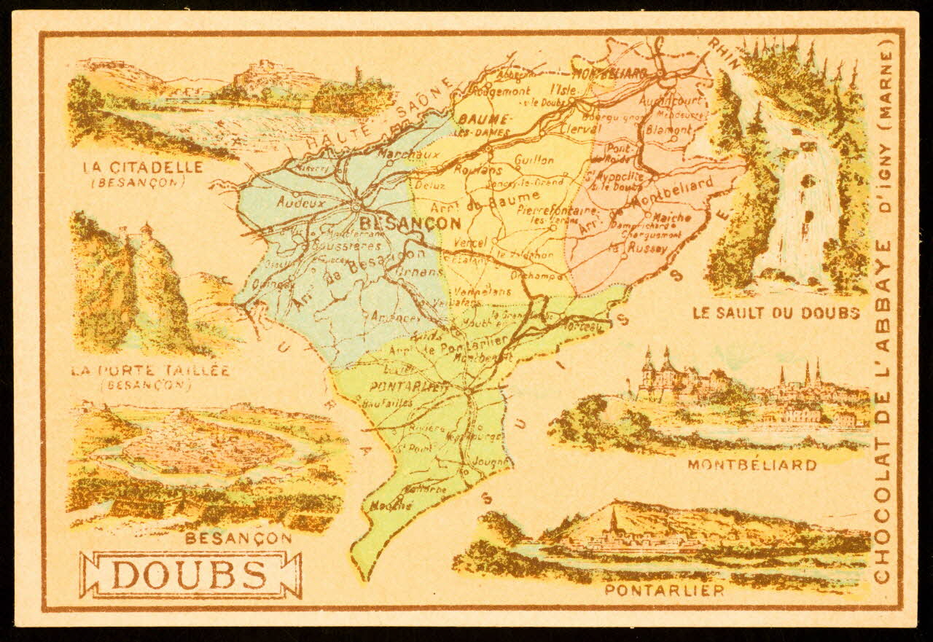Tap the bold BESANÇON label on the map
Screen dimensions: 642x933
(x=410, y=223)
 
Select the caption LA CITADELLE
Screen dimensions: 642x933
(x=143, y=167)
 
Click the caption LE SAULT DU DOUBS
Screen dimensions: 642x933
(x=776, y=313)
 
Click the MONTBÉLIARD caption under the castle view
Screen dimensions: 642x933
(x=752, y=464)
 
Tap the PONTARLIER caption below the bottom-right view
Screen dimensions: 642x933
(x=664, y=590)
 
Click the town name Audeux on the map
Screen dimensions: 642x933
(x=300, y=203)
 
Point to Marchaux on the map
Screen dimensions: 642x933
(x=398, y=154)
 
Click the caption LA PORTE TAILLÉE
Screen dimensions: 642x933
(x=152, y=370)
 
